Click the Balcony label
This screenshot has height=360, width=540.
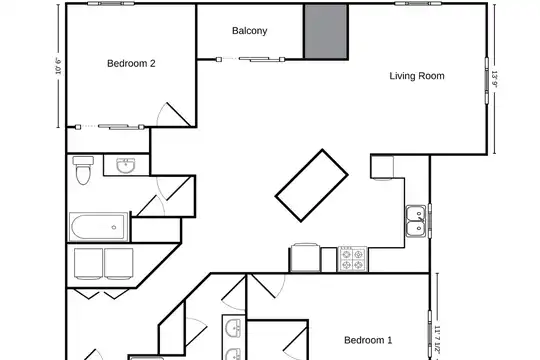pos(249,31)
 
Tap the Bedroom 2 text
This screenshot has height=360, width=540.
pos(131,63)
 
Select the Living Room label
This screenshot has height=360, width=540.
pos(417,76)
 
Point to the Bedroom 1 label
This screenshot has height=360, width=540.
pos(368,340)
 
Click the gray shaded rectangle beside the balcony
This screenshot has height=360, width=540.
pos(326,31)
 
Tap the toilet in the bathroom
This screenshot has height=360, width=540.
pos(83,170)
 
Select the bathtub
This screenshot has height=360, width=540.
pos(98,227)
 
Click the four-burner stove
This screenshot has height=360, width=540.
pos(352,259)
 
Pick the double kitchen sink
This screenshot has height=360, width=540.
pos(416,221)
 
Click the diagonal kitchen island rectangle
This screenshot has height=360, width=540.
pos(312,185)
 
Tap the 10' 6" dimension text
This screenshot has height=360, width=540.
pos(58,66)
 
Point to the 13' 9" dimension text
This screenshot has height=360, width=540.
pos(495,79)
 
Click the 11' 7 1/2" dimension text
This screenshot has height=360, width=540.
pos(437,341)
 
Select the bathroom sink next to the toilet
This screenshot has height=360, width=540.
pos(126,166)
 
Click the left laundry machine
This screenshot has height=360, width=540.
pos(88,264)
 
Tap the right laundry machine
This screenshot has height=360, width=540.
pos(119,264)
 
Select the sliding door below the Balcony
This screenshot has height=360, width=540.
pos(250,60)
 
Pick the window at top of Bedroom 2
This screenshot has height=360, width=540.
pos(110,4)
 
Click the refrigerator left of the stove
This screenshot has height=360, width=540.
pos(305,258)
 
